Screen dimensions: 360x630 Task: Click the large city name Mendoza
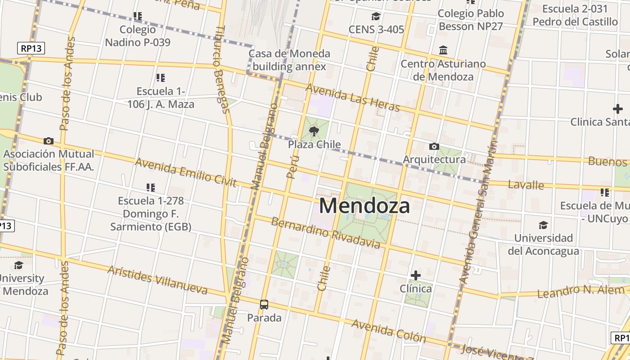(x=364, y=206)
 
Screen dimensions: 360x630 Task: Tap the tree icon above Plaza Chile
(x=314, y=131)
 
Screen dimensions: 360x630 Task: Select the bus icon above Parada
(x=264, y=305)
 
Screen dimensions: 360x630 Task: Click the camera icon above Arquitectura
(x=434, y=146)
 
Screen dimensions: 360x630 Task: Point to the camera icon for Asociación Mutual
(x=49, y=141)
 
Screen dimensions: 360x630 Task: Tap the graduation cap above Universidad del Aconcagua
(x=544, y=225)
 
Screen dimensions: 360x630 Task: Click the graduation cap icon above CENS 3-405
(x=376, y=17)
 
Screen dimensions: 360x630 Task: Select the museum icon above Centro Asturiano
(x=443, y=50)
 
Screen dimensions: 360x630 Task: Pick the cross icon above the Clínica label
(x=416, y=275)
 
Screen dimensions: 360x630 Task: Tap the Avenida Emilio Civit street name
(x=185, y=172)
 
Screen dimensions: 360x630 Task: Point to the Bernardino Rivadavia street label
(x=325, y=233)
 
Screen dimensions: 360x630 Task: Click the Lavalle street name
(x=526, y=184)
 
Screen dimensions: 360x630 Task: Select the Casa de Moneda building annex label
(x=289, y=60)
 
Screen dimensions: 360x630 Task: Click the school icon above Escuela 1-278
(x=151, y=187)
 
